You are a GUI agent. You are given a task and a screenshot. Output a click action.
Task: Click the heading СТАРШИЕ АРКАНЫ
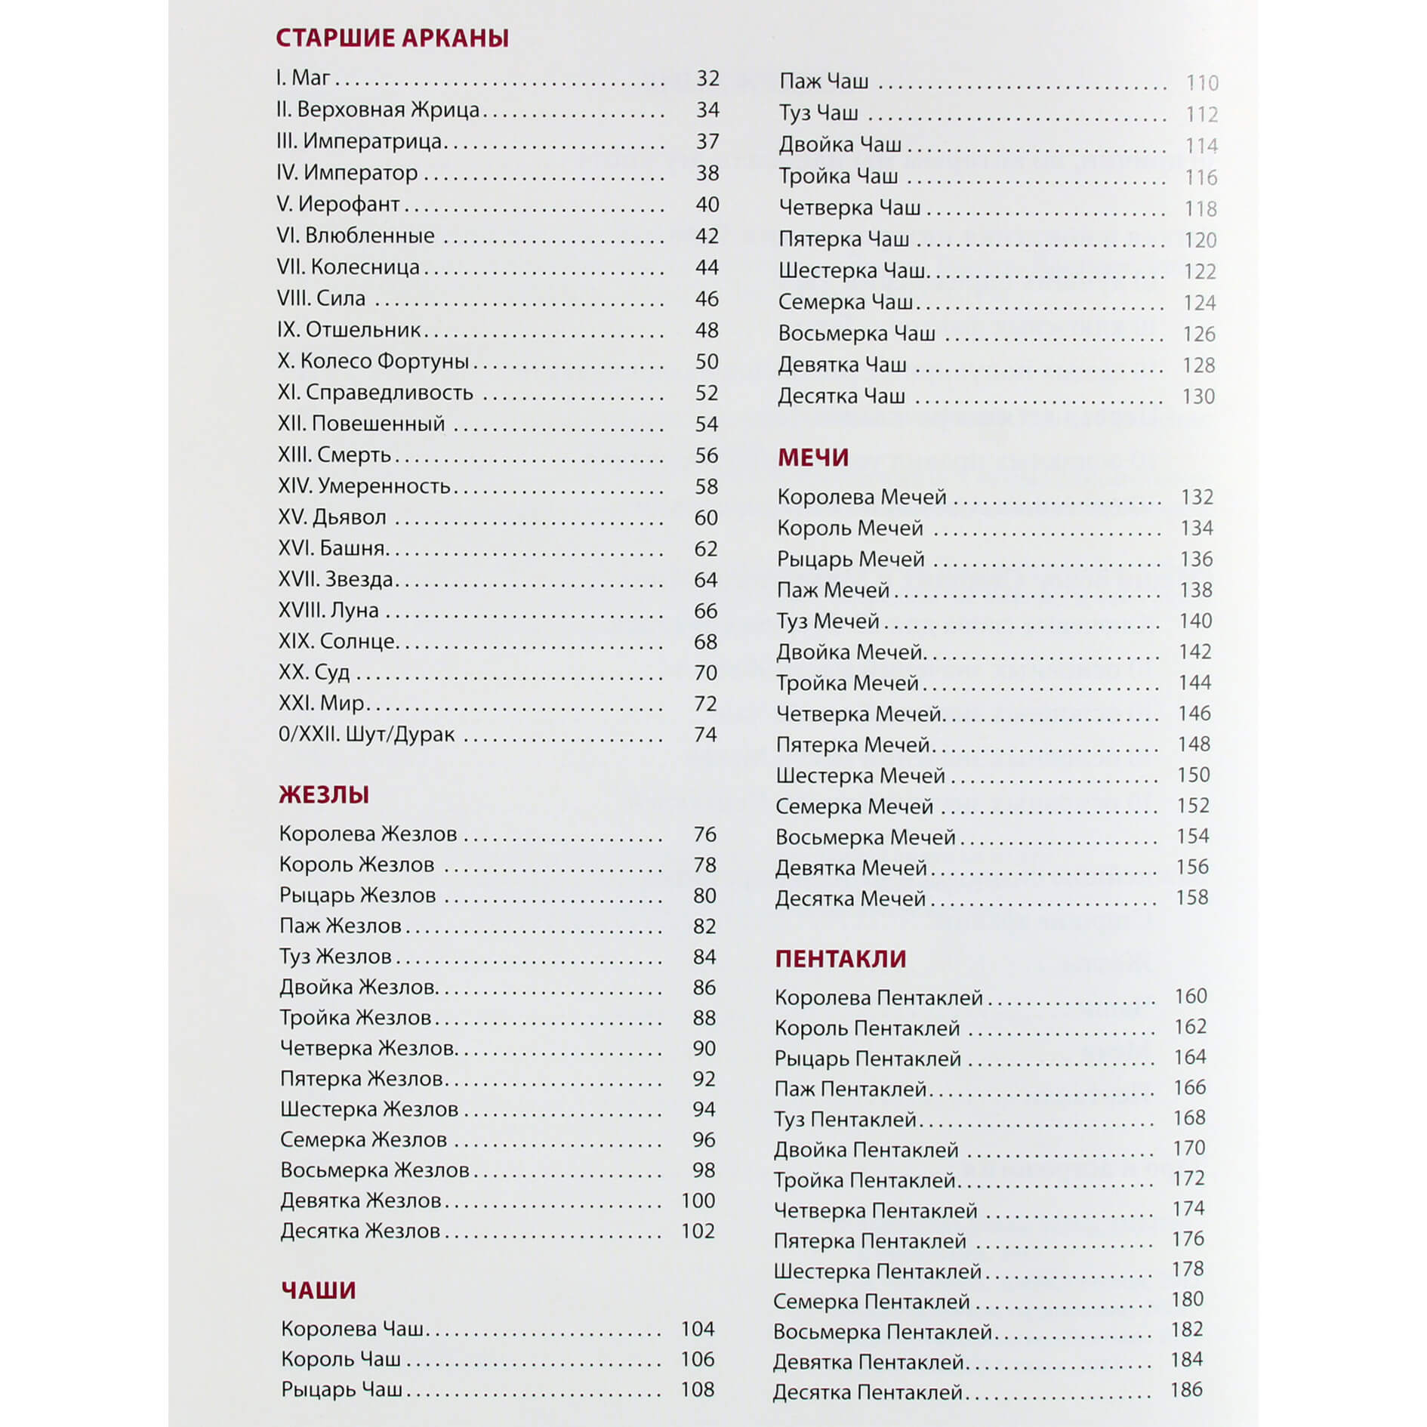(x=392, y=38)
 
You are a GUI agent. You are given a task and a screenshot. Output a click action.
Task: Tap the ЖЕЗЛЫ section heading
(x=324, y=794)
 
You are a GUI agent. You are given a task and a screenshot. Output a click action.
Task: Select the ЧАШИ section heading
(x=318, y=1290)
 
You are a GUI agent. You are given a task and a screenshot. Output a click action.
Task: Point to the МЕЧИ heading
(x=813, y=458)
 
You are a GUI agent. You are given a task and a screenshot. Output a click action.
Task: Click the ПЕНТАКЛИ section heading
(x=840, y=959)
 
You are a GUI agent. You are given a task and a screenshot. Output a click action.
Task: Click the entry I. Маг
(x=304, y=78)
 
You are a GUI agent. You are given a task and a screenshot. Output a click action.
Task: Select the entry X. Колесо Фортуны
(x=373, y=361)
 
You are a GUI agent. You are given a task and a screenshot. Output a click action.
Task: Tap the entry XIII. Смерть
(x=334, y=455)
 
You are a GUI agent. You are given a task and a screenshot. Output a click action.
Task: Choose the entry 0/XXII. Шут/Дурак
(x=366, y=734)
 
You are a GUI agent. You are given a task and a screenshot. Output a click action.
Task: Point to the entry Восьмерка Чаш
(x=856, y=333)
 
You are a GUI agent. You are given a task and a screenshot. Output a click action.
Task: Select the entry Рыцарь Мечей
(x=850, y=559)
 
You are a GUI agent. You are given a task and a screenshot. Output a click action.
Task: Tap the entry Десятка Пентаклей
(x=867, y=1392)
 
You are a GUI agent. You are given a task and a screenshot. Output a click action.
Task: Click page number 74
(x=705, y=734)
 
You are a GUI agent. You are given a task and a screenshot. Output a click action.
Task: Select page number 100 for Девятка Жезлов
(x=698, y=1200)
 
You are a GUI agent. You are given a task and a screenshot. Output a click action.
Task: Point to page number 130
(x=1198, y=396)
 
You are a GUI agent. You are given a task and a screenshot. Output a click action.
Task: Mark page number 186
(x=1185, y=1389)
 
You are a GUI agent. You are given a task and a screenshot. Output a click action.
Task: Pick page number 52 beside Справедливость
(x=707, y=393)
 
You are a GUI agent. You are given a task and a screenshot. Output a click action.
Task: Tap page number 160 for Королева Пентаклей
(x=1191, y=996)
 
